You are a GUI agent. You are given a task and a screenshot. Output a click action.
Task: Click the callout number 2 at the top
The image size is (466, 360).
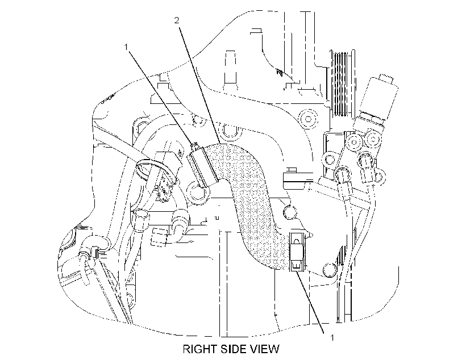pos(177,20)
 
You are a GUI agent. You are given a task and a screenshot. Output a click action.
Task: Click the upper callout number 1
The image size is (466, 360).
pos(126,47)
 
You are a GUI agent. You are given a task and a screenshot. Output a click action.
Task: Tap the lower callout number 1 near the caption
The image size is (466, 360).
pos(332,338)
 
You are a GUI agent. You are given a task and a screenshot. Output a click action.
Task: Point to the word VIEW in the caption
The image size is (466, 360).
pos(264,349)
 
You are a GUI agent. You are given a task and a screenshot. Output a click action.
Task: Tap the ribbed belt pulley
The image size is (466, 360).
pos(340,84)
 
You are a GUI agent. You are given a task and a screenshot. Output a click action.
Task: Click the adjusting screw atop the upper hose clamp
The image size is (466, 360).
pos(195,145)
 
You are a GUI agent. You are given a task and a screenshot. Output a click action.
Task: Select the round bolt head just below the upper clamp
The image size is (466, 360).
pos(196,193)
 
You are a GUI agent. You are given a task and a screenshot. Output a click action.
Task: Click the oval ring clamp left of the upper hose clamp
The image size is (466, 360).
pos(145,169)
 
